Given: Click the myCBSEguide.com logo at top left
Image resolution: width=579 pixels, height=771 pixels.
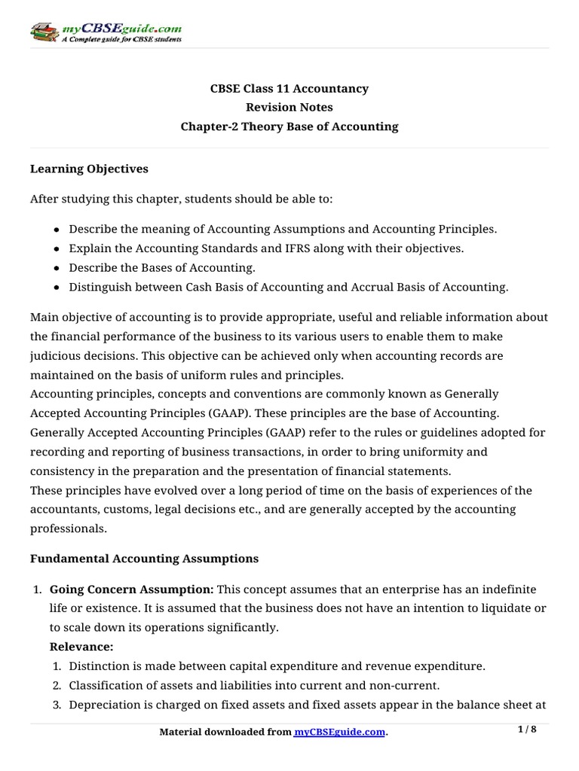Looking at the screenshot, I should pos(106,32).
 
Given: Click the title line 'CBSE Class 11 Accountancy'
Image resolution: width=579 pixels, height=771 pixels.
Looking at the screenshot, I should pos(289,89).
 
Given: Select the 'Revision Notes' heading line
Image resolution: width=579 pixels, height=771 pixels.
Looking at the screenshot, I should pos(289,108).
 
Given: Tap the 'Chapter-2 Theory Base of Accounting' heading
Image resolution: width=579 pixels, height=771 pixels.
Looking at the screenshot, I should pos(289,126).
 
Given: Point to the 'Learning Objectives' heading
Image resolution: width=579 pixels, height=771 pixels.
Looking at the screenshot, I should pos(89,169).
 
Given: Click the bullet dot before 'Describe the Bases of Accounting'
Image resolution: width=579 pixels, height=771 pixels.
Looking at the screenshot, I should pos(57,268).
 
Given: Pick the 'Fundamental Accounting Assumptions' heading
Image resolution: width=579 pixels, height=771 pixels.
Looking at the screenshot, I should pos(144,559).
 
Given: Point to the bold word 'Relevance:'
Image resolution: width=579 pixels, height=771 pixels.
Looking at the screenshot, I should pos(81,646).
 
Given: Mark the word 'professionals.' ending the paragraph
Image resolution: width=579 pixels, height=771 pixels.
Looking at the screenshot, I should pos(67,529).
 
